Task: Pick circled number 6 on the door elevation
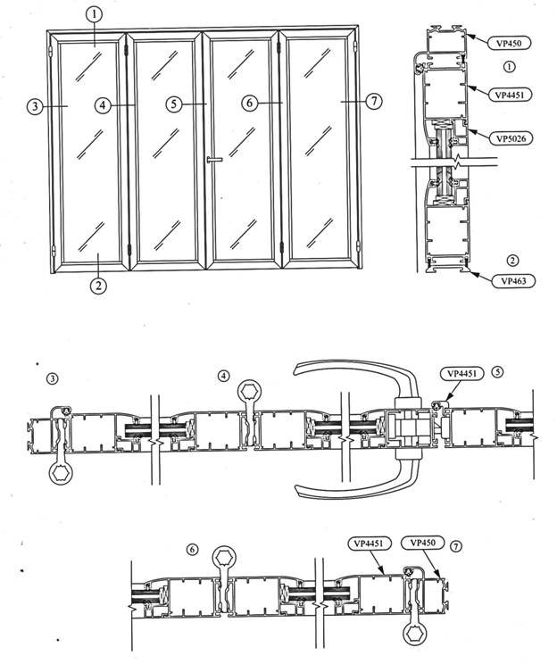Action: pos(251,104)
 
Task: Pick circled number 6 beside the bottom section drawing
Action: pos(193,547)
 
